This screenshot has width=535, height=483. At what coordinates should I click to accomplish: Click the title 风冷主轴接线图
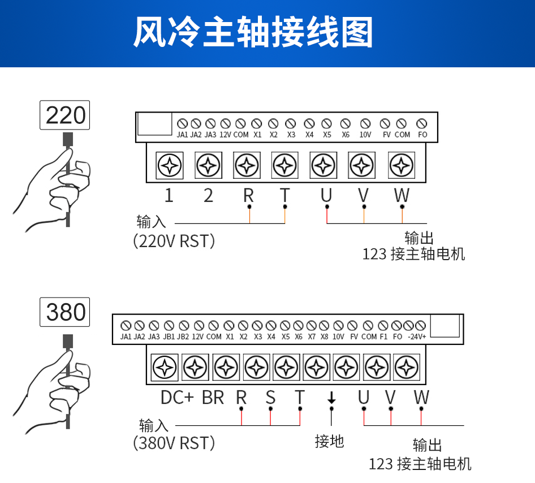tap(253, 32)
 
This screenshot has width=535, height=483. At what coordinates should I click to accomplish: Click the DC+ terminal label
tap(177, 398)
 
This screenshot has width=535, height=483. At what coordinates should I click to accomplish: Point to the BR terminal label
tap(213, 398)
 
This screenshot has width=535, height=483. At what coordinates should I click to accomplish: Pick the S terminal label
tap(270, 397)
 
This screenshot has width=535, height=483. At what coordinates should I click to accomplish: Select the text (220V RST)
tap(174, 241)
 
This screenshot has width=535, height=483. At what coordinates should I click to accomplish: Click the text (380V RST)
tap(174, 442)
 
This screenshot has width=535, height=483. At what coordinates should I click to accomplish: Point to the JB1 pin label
tap(169, 337)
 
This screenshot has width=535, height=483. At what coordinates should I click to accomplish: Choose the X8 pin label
tap(324, 337)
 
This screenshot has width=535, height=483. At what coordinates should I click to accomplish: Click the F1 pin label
tap(383, 337)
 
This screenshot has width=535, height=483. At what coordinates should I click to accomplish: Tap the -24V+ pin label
tap(416, 337)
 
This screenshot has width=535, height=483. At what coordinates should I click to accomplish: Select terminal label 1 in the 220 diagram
tap(169, 196)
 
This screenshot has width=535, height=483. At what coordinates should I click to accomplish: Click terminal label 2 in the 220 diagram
tap(208, 196)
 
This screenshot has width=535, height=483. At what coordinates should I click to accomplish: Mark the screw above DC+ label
tap(166, 368)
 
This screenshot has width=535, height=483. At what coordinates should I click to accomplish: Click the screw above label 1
tap(169, 166)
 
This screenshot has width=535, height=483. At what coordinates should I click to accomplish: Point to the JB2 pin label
tap(183, 337)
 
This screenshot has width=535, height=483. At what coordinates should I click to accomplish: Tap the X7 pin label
tap(312, 337)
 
